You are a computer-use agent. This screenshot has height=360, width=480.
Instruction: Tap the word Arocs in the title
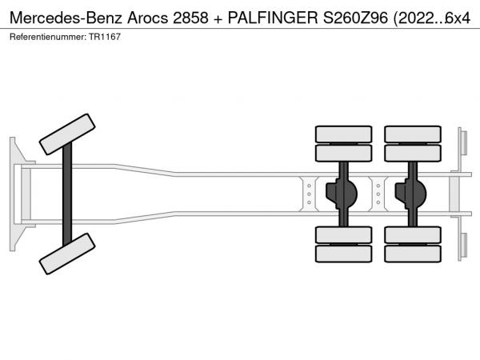coord(147,18)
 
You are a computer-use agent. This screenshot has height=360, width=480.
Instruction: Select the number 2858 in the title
coord(190,18)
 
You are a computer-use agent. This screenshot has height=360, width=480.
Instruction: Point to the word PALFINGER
coord(273,18)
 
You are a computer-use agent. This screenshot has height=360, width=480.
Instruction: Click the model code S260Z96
coord(355,18)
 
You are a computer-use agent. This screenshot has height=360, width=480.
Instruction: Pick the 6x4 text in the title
coord(458,18)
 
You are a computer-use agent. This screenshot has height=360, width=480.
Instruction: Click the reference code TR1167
coord(105,37)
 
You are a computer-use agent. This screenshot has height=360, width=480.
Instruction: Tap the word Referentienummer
coord(47,37)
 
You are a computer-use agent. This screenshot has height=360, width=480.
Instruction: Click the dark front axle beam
coord(67,194)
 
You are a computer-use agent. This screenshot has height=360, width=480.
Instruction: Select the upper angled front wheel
coord(67,134)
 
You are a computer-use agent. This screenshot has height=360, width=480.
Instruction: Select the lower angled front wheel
coord(67,254)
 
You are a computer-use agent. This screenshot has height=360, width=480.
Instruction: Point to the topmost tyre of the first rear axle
coord(343,134)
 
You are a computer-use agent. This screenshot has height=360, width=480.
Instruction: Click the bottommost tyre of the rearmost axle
coord(413,254)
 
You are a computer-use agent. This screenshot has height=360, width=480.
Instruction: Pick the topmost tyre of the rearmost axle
coord(413,134)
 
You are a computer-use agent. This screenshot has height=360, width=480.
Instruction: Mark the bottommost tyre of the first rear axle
coord(343,254)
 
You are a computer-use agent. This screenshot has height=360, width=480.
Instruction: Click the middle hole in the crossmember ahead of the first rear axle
coord(309,194)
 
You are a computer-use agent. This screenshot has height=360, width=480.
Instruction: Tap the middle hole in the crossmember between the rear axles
coord(378,194)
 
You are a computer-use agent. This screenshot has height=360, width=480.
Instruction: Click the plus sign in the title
coord(218,19)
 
